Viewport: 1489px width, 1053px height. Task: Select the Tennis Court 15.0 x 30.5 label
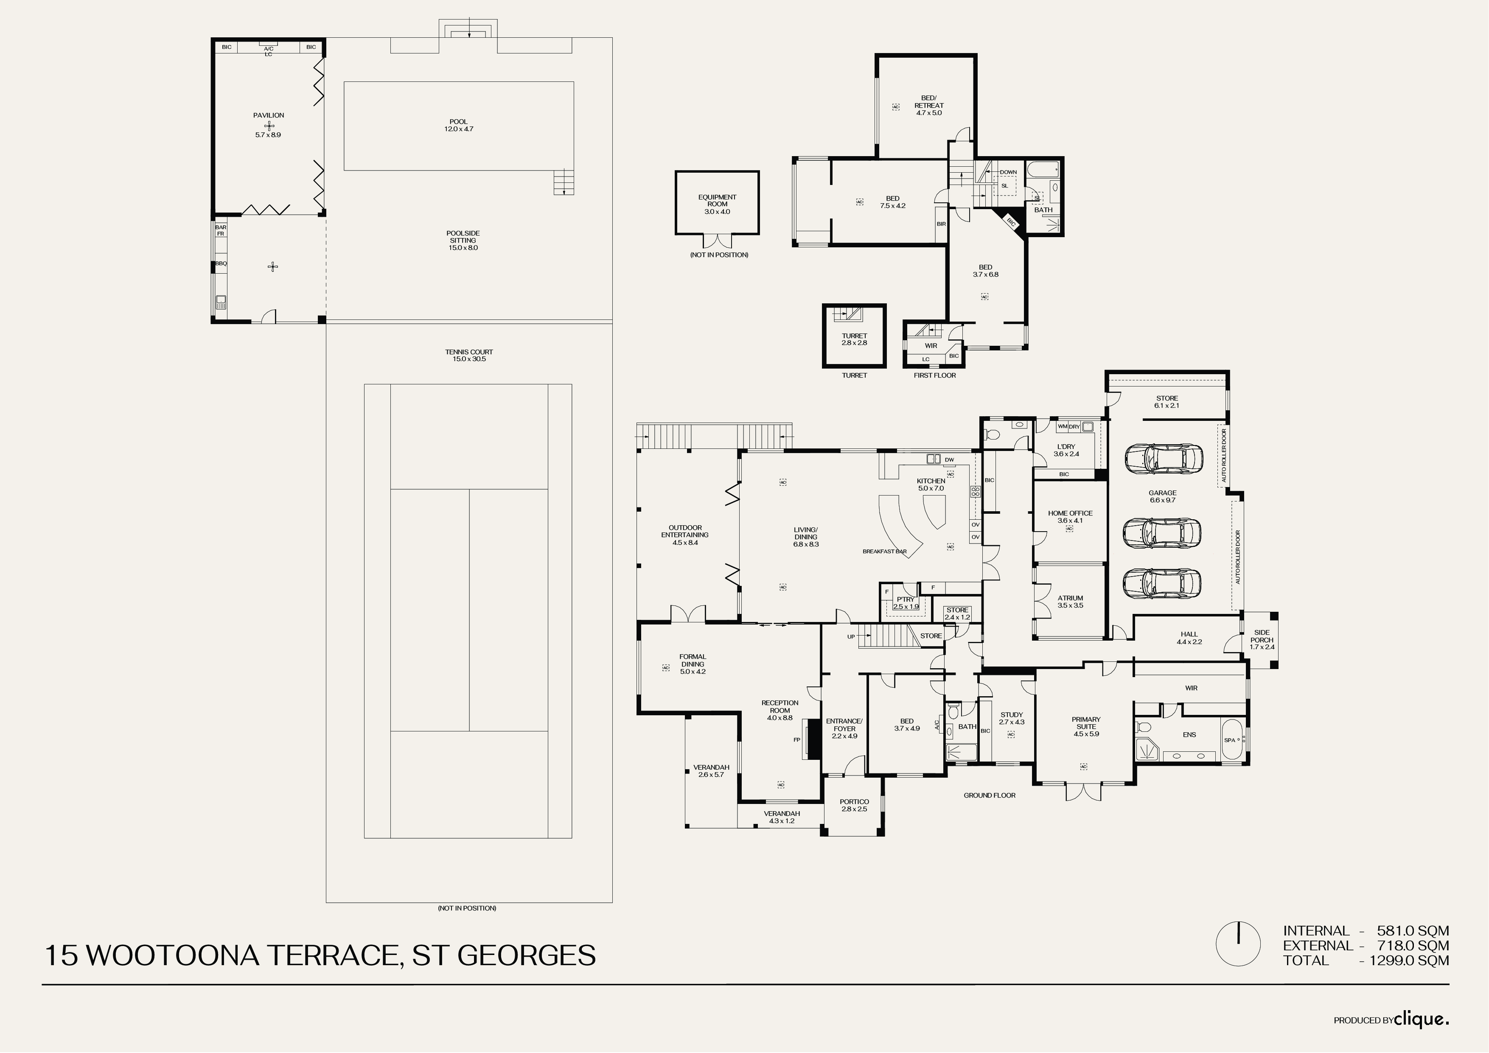coord(469,356)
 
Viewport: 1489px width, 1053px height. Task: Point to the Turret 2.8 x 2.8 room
coord(854,339)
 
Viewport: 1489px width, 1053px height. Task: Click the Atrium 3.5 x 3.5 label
coord(1070,602)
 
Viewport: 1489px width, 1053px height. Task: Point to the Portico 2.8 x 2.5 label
coord(854,805)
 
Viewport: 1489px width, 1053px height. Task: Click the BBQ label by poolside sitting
coord(221,263)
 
